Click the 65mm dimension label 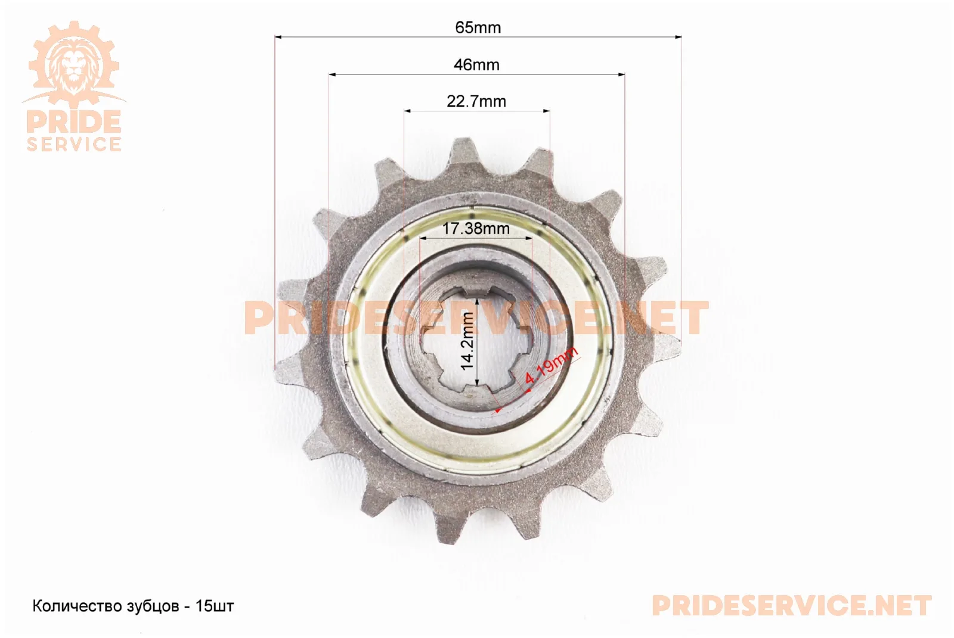click(478, 27)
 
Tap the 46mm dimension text click(476, 65)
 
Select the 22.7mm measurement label click(476, 101)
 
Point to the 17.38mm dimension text click(476, 229)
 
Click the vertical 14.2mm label click(467, 341)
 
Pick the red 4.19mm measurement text click(551, 365)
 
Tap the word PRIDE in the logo click(74, 122)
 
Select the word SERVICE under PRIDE click(74, 144)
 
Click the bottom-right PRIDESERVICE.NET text click(792, 606)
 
